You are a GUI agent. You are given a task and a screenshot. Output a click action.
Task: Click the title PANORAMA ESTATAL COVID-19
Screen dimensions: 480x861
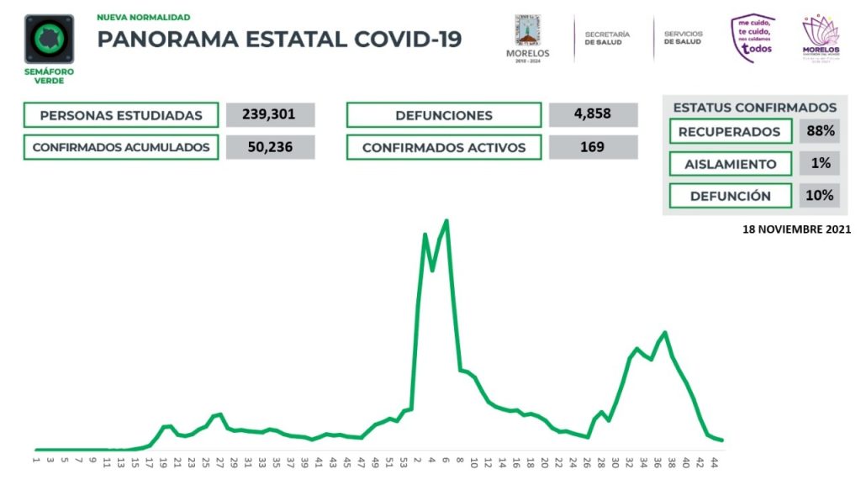click(279, 40)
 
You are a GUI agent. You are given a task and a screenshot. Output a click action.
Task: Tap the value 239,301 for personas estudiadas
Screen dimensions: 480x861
click(271, 115)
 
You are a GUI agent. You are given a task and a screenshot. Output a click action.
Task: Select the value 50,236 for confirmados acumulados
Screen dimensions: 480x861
click(271, 147)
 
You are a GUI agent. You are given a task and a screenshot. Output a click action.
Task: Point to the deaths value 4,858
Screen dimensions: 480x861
click(593, 115)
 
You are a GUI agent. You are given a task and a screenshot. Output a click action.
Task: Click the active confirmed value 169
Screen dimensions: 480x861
click(593, 147)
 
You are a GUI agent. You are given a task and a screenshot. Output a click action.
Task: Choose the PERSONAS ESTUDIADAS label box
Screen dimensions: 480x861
click(121, 115)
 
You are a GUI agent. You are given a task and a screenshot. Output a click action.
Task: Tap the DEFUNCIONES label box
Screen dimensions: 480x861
click(443, 115)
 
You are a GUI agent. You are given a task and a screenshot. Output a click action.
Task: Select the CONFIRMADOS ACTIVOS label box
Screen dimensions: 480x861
click(443, 147)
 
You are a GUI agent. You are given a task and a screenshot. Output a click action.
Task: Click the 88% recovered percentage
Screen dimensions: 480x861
click(818, 131)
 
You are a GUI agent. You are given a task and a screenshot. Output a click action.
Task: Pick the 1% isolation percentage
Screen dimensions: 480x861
click(818, 163)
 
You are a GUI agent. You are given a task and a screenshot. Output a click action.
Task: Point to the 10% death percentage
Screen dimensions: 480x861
click(818, 196)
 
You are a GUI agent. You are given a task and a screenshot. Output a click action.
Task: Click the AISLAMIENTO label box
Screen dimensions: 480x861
click(730, 164)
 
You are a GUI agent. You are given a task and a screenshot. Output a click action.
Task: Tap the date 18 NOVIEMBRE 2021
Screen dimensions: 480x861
click(797, 229)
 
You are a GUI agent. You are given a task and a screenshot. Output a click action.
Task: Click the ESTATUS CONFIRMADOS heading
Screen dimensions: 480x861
click(754, 108)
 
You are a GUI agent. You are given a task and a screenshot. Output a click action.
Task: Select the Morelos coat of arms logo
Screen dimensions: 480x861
click(528, 35)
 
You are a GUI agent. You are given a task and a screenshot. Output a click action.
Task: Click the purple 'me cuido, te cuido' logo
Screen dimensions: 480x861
click(753, 38)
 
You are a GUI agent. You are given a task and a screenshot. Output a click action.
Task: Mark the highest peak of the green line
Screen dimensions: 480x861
click(446, 221)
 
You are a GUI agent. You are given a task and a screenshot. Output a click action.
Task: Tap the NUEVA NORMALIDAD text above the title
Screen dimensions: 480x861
click(143, 17)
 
